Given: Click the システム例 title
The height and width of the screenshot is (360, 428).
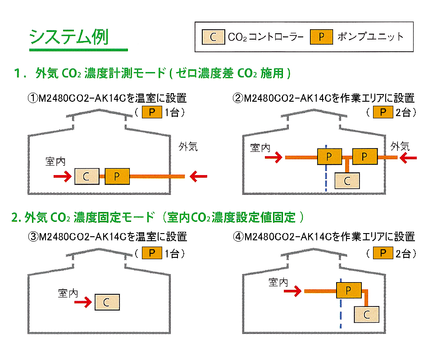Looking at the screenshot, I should pos(68,37).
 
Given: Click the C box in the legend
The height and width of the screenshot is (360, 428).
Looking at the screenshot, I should pos(213,37).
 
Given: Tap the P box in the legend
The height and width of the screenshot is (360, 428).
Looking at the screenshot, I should pos(321,37).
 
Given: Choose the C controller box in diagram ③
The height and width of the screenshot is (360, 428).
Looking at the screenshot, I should pos(107,302).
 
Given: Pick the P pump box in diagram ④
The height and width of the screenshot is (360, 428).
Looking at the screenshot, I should pos(349,291).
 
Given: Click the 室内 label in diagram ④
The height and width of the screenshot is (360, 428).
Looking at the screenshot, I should pos(278,282).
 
